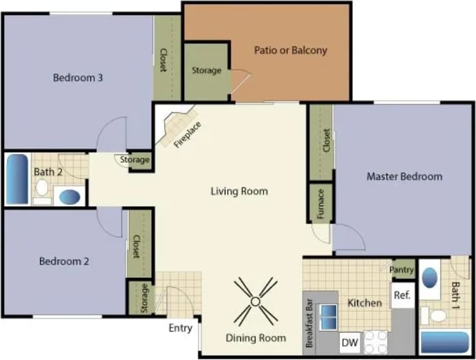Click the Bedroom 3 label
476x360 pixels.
pyautogui.click(x=78, y=78)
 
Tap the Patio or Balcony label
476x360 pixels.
pyautogui.click(x=290, y=50)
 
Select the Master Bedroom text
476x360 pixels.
pyautogui.click(x=404, y=176)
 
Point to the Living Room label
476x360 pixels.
pyautogui.click(x=239, y=191)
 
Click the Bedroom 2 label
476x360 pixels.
pyautogui.click(x=64, y=262)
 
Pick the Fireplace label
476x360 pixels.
pyautogui.click(x=187, y=134)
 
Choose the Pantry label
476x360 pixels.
pyautogui.click(x=402, y=270)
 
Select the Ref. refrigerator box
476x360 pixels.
pyautogui.click(x=402, y=295)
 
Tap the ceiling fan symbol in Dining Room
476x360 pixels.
pyautogui.click(x=255, y=301)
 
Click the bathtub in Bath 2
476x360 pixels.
pyautogui.click(x=17, y=178)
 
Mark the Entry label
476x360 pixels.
pyautogui.click(x=180, y=328)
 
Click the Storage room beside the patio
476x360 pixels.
pyautogui.click(x=207, y=70)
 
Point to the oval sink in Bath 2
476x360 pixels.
pyautogui.click(x=70, y=196)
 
